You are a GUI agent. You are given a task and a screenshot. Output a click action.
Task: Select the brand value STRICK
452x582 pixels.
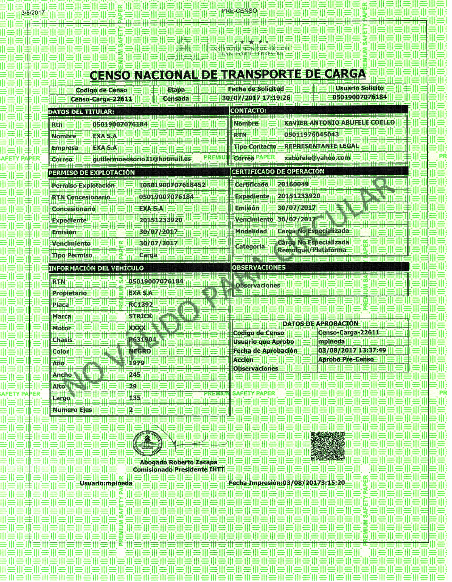pos(140,316)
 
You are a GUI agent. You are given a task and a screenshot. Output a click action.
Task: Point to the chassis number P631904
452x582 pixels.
pos(142,340)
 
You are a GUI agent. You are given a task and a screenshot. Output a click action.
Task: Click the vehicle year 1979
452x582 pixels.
pos(136,363)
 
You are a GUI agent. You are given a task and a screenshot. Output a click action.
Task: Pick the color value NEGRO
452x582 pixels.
pos(140,351)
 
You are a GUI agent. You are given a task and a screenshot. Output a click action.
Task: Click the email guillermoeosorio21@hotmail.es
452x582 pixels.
pos(142,159)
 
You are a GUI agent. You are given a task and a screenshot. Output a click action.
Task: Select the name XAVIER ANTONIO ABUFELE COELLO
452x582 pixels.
pos(339,123)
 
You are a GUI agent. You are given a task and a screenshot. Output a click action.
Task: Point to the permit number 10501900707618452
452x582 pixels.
pos(172,185)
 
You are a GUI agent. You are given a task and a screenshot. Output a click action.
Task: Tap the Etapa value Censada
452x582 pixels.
pos(176,99)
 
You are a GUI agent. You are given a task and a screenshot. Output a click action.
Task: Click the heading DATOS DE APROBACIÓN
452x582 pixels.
pos(320,323)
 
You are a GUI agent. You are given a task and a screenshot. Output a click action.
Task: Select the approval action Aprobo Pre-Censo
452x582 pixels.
pos(346,359)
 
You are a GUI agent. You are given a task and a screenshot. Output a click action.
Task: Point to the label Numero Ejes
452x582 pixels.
pos(72,410)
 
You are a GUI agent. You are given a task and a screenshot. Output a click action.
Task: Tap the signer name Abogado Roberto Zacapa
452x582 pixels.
pos(179,462)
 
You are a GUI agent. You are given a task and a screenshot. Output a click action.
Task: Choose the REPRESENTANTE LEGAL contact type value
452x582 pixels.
pos(321,146)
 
